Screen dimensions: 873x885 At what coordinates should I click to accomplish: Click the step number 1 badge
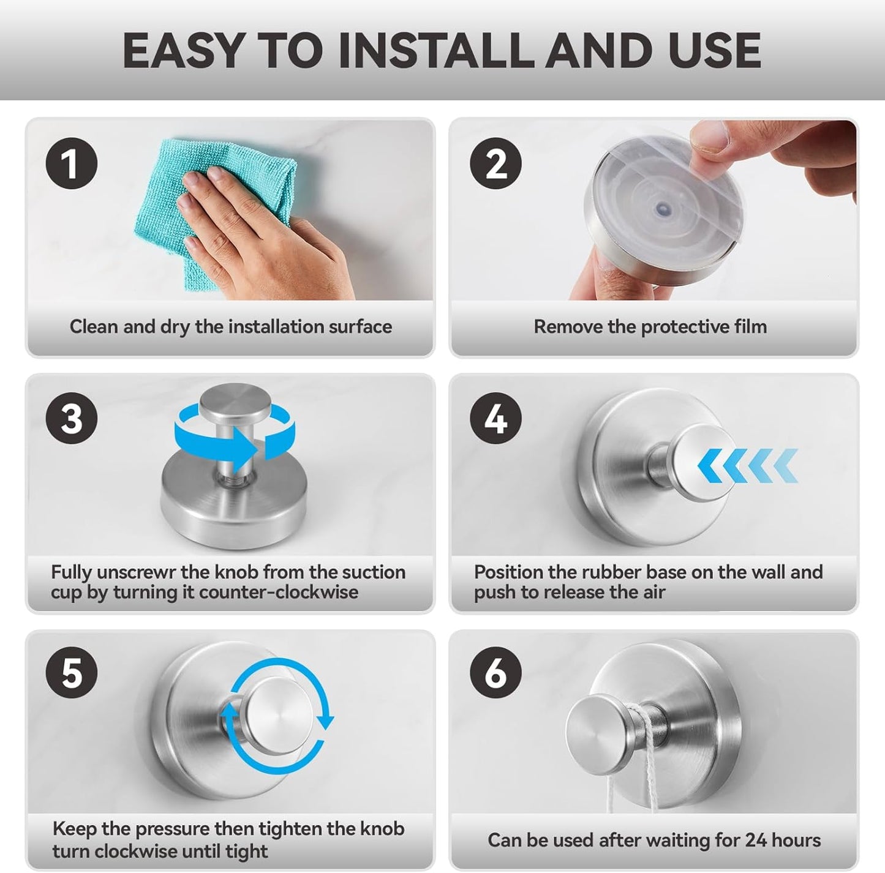72,164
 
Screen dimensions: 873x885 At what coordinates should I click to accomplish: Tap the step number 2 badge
495,164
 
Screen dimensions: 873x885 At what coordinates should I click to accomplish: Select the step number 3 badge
72,419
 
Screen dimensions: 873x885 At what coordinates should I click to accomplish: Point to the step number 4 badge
495,419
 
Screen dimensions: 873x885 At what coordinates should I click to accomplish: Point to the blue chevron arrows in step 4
748,465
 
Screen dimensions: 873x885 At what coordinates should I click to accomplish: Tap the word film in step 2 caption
750,327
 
